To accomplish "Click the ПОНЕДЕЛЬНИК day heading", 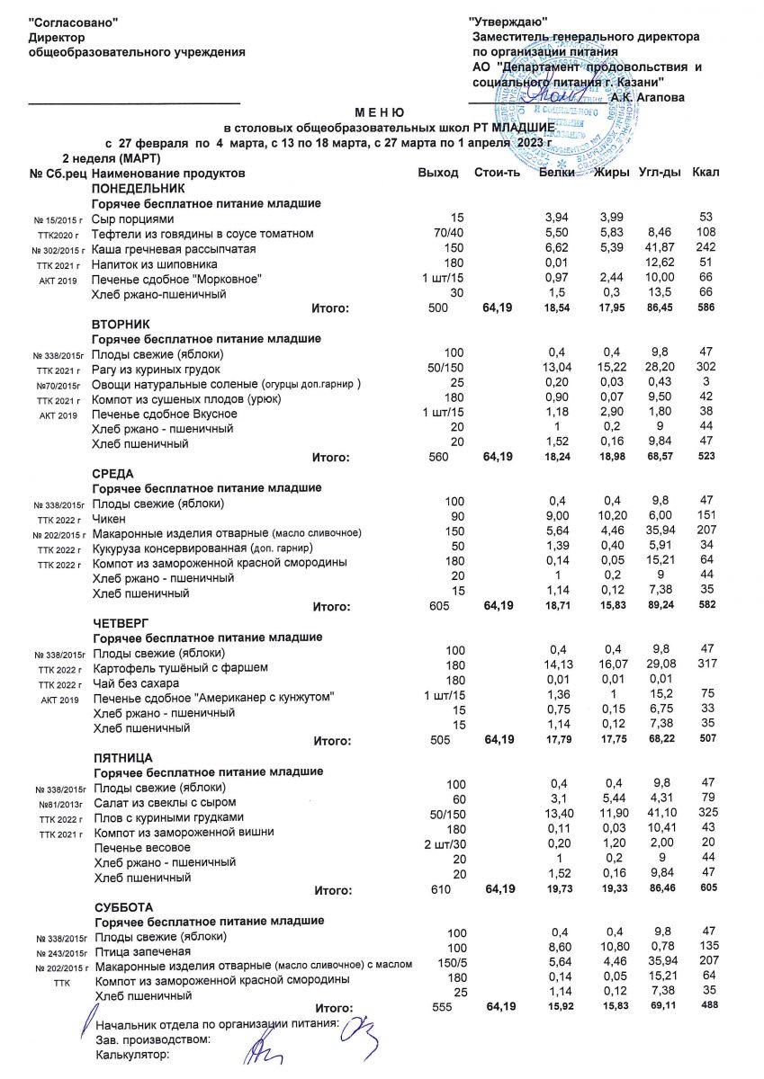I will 138,189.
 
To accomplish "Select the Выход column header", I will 438,173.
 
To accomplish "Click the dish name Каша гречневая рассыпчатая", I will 175,249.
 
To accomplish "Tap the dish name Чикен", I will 110,519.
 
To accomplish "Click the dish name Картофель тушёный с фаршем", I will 180,668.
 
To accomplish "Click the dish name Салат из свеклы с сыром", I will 165,802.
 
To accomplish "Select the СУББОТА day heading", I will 123,906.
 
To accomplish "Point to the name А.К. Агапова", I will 646,97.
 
